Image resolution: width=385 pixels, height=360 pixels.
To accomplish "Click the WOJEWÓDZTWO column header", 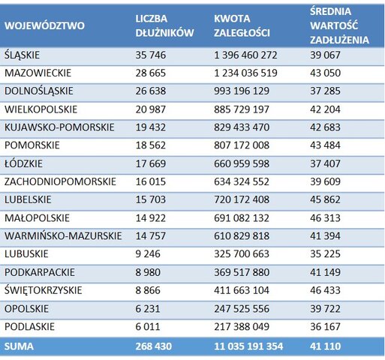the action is tap(44, 25).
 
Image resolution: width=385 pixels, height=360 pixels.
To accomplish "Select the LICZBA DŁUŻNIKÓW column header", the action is tap(164, 25).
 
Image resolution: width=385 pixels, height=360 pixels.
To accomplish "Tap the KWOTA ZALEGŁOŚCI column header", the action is tap(242, 25).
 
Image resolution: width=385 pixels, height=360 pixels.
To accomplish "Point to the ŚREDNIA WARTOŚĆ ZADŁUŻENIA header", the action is tap(339, 25).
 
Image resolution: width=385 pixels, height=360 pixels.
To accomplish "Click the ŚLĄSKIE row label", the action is tap(22, 55).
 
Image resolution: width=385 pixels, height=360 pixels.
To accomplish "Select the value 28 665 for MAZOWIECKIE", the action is tap(151, 73).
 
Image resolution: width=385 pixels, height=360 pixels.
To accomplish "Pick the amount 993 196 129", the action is tap(242, 91).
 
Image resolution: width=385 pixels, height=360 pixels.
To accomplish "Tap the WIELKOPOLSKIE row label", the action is tap(41, 109).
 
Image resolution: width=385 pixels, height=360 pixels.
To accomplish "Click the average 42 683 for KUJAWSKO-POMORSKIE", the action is tap(325, 127).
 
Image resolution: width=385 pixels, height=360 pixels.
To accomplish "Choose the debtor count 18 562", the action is tap(151, 145).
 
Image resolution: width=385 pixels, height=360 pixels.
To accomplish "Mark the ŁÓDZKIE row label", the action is tap(23, 163).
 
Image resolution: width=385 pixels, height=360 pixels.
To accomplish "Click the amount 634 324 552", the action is tap(242, 181).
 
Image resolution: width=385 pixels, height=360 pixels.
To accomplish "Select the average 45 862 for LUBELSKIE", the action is tap(325, 199).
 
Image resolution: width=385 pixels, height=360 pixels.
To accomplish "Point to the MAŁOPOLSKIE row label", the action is tap(37, 218).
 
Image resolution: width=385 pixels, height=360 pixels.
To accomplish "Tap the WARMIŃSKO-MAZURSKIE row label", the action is tap(63, 235).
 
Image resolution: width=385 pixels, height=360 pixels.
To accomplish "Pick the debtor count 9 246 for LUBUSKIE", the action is tap(148, 254).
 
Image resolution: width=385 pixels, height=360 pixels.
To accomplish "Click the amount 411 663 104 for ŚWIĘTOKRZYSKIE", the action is tap(242, 290).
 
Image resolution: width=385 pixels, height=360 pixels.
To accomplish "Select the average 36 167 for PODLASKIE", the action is tap(325, 326).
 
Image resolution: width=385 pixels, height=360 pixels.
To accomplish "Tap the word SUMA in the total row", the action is tap(19, 346).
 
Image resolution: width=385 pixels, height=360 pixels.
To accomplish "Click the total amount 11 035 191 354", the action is tap(248, 346).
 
